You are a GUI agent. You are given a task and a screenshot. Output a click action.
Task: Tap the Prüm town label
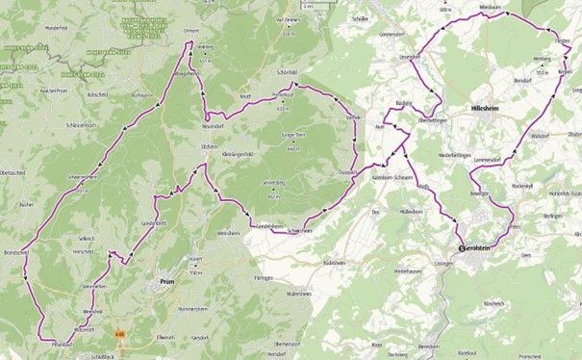[159, 282]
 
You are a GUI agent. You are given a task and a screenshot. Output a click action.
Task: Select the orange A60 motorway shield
[120, 335]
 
